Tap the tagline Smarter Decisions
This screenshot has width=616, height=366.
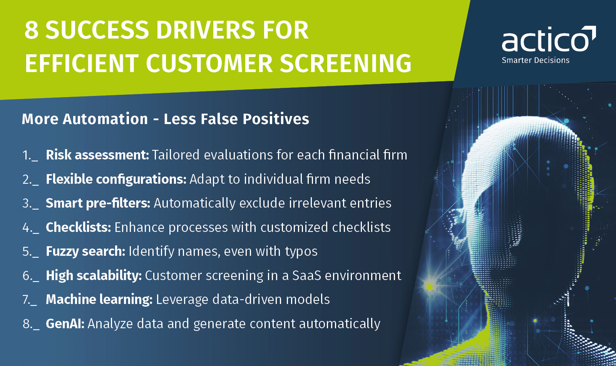point(535,60)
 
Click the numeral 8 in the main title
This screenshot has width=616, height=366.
point(32,30)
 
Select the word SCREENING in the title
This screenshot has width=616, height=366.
point(345,64)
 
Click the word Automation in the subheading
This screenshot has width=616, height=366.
point(105,119)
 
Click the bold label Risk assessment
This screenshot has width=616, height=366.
point(97,155)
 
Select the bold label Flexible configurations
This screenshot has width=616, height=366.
point(116,179)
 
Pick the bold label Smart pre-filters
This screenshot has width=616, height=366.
point(98,203)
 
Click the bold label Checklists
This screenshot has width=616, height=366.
point(78,227)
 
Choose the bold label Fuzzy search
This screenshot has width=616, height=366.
point(85,252)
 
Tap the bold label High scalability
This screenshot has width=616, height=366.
point(94,275)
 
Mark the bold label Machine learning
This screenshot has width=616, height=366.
point(99,299)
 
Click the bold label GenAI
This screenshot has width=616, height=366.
point(65,324)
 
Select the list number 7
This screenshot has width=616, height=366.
point(26,299)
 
